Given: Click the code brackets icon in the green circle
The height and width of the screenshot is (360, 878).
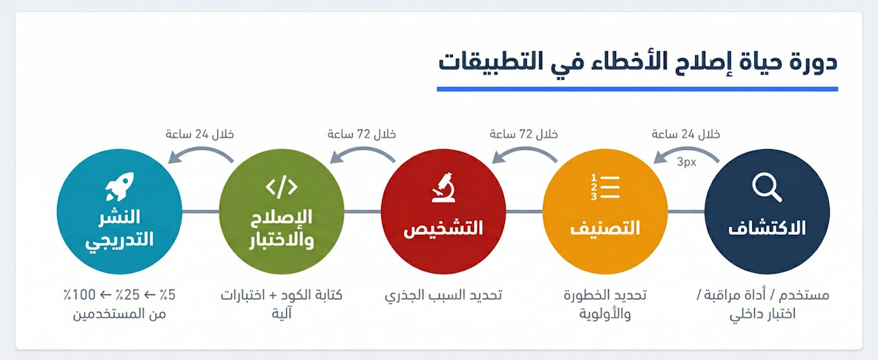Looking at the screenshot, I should coord(281,187).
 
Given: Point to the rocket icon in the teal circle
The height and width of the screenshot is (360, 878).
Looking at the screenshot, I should coord(119,187).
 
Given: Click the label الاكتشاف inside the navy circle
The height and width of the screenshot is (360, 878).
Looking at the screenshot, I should coord(767,228).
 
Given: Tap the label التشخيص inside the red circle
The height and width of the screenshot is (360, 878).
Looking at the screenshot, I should coord(443,228).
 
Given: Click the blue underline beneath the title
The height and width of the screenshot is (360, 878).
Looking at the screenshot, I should coord(637,89).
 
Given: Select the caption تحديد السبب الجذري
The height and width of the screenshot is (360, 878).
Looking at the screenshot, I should coord(443,296).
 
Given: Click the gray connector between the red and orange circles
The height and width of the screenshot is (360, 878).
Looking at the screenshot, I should coord(524,213).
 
